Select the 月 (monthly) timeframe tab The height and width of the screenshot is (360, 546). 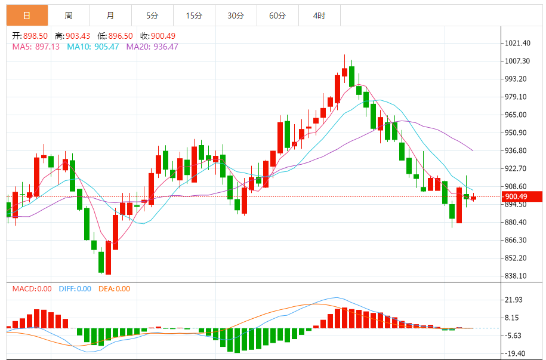click(x=110, y=16)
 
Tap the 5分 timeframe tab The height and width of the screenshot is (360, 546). click(x=152, y=16)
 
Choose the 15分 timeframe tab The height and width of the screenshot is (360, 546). click(x=194, y=16)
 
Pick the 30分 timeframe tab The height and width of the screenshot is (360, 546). click(x=236, y=16)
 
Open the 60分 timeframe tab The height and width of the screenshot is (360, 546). click(x=277, y=16)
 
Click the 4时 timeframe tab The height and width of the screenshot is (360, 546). click(x=319, y=16)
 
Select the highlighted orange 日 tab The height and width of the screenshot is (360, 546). click(x=27, y=16)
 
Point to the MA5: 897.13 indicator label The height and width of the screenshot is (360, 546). click(x=36, y=47)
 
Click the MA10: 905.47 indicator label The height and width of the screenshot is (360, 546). click(x=92, y=47)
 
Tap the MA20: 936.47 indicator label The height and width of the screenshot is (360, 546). click(x=152, y=47)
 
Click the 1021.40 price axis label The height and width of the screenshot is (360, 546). click(x=517, y=44)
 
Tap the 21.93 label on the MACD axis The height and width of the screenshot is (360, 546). click(x=514, y=300)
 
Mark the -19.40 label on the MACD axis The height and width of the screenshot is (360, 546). click(x=514, y=353)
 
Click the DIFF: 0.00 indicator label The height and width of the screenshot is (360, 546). click(x=75, y=289)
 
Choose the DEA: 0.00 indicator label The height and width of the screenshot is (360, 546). click(x=113, y=289)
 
